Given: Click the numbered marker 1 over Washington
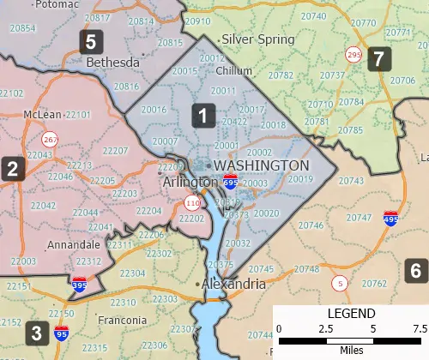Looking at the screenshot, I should (202, 115).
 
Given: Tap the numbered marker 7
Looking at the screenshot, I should (378, 59).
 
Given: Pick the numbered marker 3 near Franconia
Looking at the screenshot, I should (35, 333).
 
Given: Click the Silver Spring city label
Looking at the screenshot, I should (257, 39).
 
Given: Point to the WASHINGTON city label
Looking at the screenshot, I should (261, 165).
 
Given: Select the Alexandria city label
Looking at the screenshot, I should (233, 284).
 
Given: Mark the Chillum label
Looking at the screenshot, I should (234, 71).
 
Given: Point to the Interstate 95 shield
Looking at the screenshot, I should (61, 331).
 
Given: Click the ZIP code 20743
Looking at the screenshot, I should (351, 182).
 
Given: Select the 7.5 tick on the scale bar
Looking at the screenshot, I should (419, 328).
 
